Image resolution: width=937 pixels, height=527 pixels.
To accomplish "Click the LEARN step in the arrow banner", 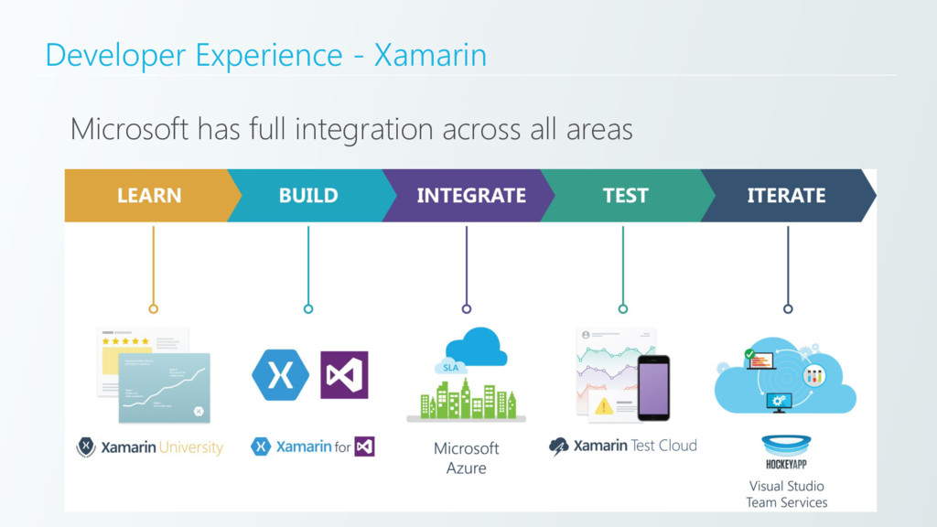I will click(x=148, y=195).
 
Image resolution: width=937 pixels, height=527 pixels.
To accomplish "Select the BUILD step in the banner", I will click(x=308, y=195).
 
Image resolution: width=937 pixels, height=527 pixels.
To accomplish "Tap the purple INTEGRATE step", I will click(x=470, y=195).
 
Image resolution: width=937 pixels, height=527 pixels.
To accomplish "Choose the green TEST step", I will click(x=625, y=195).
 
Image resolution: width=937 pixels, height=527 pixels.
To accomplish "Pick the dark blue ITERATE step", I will click(x=786, y=195).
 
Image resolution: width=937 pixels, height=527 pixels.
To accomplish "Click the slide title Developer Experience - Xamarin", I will click(x=265, y=55).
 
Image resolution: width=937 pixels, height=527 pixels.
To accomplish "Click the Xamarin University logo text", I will click(x=161, y=447).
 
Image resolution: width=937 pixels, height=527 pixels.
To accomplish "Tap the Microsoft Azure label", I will click(x=466, y=458).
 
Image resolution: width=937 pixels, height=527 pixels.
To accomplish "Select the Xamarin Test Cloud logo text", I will click(x=634, y=446).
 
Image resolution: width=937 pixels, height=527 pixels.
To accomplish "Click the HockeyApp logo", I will click(x=786, y=452).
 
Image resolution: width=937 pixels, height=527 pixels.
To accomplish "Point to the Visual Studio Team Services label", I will click(x=786, y=494).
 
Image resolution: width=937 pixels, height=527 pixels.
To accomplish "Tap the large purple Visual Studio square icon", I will click(x=344, y=375).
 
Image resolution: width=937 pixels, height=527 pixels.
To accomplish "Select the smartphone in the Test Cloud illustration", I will click(x=653, y=387).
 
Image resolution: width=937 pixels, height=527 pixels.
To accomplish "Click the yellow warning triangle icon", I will click(x=603, y=405).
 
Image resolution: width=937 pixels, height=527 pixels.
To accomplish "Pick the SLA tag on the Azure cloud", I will click(x=450, y=368).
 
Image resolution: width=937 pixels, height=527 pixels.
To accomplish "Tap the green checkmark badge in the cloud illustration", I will click(x=750, y=353).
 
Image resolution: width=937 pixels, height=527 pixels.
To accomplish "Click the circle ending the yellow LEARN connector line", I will click(x=154, y=308).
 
